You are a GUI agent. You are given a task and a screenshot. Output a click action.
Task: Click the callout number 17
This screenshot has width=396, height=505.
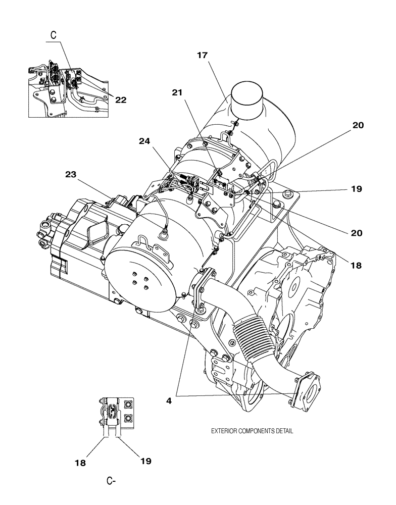point(202,56)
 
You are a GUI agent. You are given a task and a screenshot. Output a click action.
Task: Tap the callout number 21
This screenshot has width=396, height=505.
point(178,92)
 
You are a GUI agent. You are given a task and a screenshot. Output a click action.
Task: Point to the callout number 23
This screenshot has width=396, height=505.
point(71,175)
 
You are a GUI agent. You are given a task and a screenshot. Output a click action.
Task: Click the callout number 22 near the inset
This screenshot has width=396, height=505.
point(120,100)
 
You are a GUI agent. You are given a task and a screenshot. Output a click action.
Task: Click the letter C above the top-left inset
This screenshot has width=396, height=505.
point(53,35)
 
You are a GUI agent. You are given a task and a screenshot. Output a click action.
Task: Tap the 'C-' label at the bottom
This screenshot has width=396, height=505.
point(112,481)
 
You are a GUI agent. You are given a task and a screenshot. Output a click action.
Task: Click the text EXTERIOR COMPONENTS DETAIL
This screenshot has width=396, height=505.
point(252,431)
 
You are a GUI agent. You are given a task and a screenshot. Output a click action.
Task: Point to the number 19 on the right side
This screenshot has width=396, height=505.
point(357,189)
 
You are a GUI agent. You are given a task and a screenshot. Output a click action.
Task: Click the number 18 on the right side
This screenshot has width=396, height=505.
point(357,265)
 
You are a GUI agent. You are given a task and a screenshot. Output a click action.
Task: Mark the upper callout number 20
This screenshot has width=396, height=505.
point(358,125)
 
